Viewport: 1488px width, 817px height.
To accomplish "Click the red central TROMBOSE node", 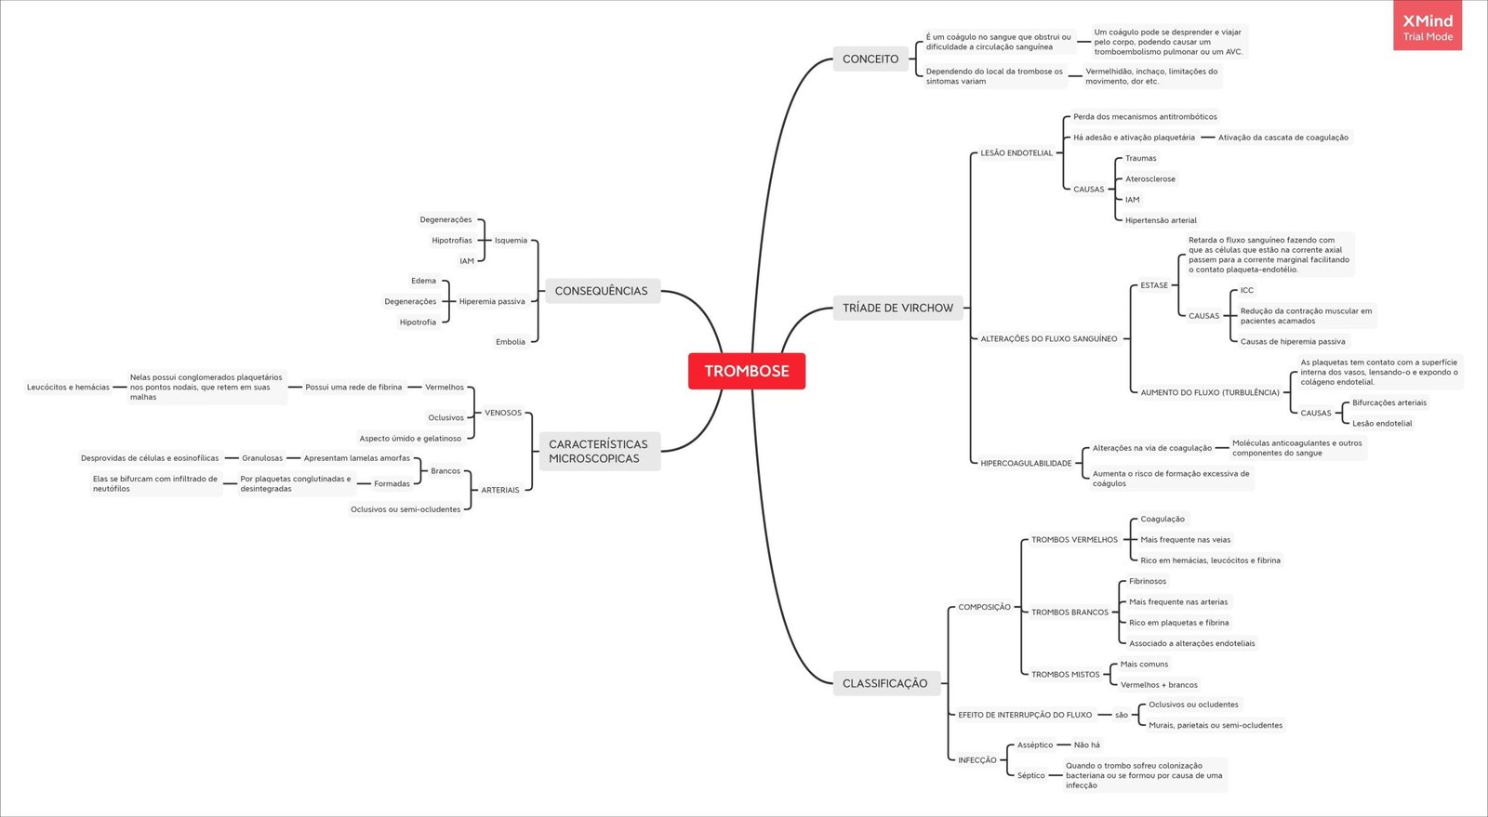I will click(746, 371).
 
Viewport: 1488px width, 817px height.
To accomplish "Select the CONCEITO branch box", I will click(870, 59).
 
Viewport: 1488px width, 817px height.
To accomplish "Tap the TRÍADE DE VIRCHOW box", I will click(897, 308).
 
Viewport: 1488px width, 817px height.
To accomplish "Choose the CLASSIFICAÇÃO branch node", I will click(884, 683).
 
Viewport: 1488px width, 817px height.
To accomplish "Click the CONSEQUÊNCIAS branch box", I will click(601, 291).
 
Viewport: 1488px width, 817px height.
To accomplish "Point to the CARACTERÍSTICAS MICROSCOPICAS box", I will click(598, 451).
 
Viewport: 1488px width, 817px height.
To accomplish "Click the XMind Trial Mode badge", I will click(1427, 27).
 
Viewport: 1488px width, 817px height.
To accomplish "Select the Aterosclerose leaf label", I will click(1149, 178).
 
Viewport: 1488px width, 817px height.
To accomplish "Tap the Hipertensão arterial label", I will click(1161, 220).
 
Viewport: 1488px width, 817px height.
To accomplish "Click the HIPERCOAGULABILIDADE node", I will click(1026, 463).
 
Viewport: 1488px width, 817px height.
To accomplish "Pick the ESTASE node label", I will click(1154, 285).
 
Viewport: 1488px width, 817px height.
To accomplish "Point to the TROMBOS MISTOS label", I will click(1065, 674).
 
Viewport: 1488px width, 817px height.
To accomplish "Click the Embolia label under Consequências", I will click(510, 342).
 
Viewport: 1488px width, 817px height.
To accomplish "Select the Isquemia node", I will click(511, 240).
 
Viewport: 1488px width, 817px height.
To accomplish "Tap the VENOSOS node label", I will click(503, 413).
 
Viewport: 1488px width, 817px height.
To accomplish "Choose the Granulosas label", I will click(262, 458).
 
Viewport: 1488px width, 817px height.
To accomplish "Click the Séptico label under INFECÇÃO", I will click(1030, 775).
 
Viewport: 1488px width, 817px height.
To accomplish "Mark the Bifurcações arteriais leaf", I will click(1388, 402).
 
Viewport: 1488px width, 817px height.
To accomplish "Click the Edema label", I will click(423, 281).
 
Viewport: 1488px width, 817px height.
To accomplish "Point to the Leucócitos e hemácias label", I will click(68, 387).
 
